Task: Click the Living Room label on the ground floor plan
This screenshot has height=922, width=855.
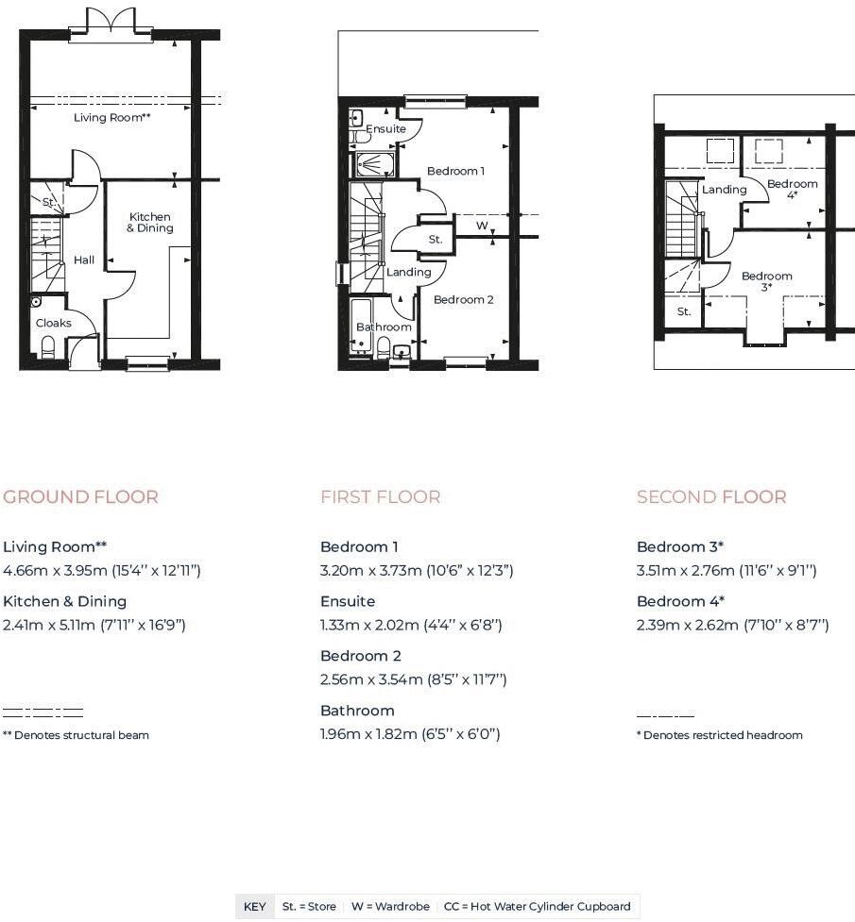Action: [111, 118]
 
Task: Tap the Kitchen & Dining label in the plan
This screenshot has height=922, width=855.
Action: [150, 223]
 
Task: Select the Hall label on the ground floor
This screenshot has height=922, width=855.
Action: [84, 260]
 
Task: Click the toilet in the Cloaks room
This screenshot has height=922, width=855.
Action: [48, 347]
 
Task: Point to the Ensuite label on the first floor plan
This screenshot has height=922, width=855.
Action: [385, 128]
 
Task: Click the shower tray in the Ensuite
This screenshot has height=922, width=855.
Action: [375, 164]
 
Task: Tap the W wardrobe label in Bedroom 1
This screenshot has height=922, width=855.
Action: [482, 226]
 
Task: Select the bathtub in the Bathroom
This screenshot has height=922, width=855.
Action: [361, 327]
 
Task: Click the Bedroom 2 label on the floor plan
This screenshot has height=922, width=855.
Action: [464, 300]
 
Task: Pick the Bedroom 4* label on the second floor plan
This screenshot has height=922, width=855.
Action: [792, 189]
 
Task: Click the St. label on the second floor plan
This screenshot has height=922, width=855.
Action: [684, 311]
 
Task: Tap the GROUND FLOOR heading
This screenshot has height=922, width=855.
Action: [80, 497]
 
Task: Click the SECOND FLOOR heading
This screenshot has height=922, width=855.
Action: [711, 497]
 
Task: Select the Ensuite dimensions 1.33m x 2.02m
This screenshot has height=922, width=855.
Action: [411, 625]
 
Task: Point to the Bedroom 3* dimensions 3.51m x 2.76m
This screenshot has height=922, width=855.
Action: [727, 570]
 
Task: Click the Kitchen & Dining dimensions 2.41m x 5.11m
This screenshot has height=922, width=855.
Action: [94, 625]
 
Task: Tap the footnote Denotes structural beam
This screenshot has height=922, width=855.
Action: [76, 735]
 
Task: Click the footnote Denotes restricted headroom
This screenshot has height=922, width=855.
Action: [720, 735]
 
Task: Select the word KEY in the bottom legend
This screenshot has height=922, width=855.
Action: [254, 906]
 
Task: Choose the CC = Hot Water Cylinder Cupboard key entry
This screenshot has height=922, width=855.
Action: [537, 906]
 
